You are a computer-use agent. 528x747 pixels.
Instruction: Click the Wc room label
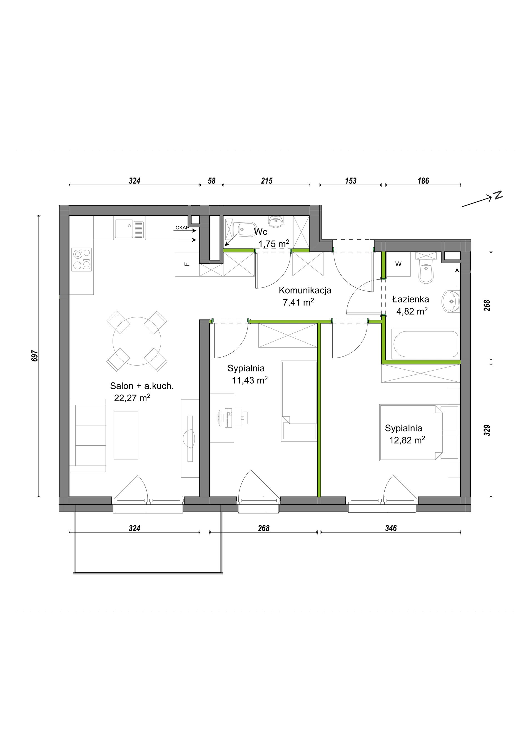click(x=260, y=232)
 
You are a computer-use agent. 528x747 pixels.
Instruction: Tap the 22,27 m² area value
click(x=132, y=398)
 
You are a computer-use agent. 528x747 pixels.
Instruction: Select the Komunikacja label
click(x=305, y=290)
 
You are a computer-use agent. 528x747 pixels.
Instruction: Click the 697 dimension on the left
click(x=36, y=356)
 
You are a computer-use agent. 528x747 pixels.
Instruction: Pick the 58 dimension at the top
click(x=212, y=181)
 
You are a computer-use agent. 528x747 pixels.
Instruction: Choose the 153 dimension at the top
click(x=350, y=181)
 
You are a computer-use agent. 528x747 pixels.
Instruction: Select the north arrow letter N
click(x=498, y=195)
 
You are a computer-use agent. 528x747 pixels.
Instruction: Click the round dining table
click(x=137, y=341)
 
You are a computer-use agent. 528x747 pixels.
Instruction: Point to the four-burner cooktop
click(x=82, y=259)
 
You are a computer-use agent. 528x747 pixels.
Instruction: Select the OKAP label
click(x=182, y=228)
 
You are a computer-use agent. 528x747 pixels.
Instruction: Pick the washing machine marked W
click(x=398, y=264)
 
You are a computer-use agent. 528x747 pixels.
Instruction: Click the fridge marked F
click(x=187, y=264)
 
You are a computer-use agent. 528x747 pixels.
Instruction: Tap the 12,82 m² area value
click(x=407, y=440)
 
